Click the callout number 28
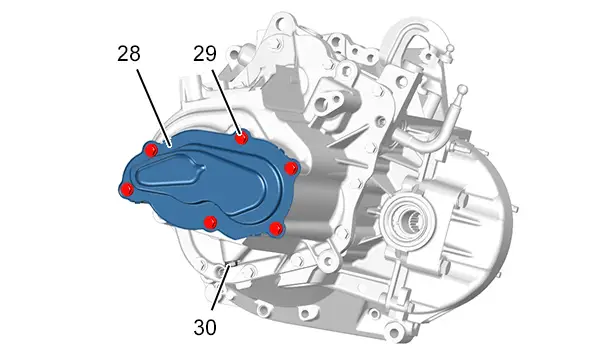coord(129,54)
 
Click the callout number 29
coord(205,54)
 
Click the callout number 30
coord(205,327)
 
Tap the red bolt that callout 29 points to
coord(242,138)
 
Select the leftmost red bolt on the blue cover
coord(127,189)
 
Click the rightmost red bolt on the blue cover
coord(291,169)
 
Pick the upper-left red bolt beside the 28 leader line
coord(151,149)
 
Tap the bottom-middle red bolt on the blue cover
coord(211,222)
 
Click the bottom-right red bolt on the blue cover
coord(276,228)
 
